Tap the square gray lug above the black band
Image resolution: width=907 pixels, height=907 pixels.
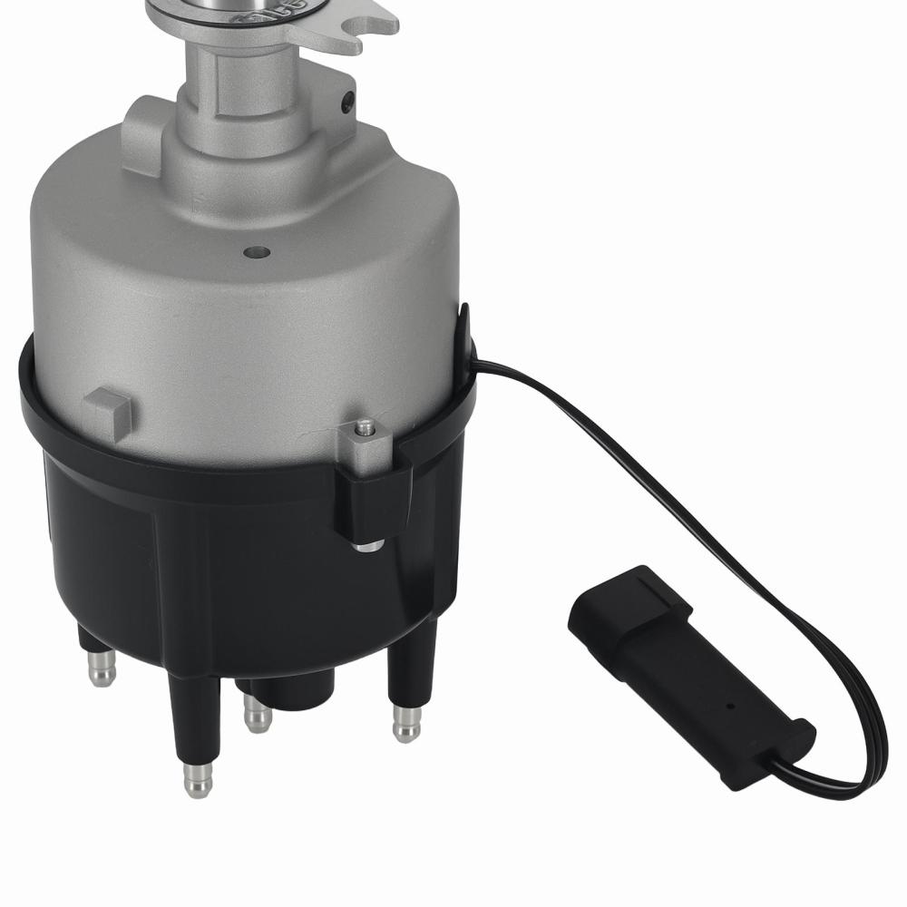coord(109,412)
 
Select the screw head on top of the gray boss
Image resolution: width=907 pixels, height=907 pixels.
coord(364,426)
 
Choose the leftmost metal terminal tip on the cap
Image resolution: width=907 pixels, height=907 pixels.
coord(102,671)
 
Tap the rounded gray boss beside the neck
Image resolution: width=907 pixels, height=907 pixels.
coord(145,136)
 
